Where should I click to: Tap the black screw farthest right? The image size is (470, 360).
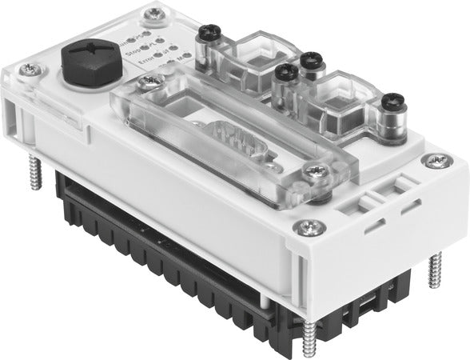(388, 105)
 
